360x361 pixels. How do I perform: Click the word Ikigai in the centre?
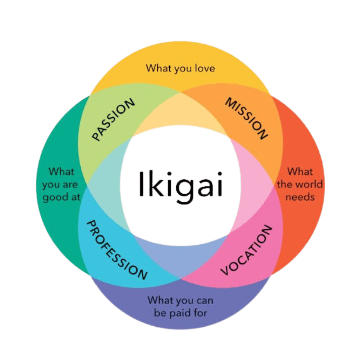click(x=180, y=184)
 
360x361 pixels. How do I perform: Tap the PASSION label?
click(x=113, y=120)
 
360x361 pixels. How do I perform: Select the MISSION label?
click(x=246, y=119)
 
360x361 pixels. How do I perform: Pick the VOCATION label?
click(x=246, y=250)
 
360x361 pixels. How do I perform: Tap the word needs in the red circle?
click(x=300, y=197)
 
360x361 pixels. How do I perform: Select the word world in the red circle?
click(x=308, y=184)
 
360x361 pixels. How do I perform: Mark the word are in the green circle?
click(x=70, y=185)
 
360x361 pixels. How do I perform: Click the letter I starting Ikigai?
click(x=141, y=183)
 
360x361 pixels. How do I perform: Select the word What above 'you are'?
click(x=62, y=172)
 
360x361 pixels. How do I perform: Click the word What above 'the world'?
click(x=300, y=172)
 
